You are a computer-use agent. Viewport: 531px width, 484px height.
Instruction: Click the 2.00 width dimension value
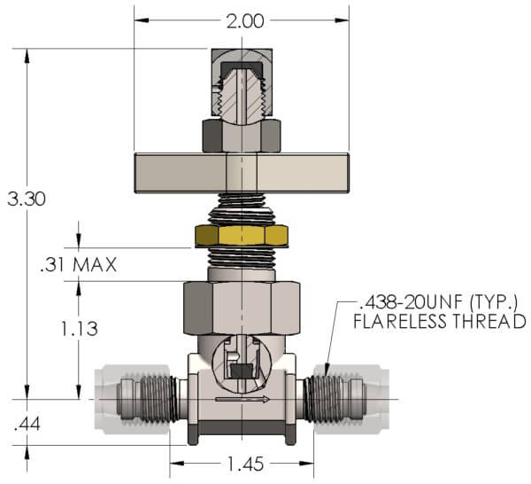(241, 20)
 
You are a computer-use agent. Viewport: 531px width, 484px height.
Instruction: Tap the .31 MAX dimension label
(80, 264)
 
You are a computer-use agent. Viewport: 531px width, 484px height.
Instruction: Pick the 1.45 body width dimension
(242, 464)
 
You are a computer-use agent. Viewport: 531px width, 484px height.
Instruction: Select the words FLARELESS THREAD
(440, 322)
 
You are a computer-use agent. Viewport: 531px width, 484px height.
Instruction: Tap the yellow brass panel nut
(242, 236)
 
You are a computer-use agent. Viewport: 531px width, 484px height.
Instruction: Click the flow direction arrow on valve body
(242, 401)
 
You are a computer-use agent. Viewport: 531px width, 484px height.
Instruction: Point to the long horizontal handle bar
(242, 173)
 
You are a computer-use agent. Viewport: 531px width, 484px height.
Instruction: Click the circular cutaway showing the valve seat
(242, 364)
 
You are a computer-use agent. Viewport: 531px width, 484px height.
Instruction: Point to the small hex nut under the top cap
(242, 136)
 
